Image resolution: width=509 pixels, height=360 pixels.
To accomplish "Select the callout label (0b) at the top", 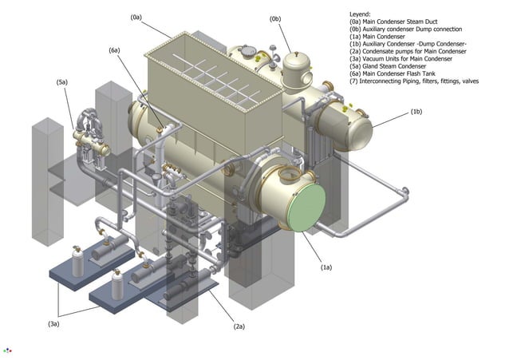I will (275, 17).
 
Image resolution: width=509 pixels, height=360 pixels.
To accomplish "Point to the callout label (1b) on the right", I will (416, 112).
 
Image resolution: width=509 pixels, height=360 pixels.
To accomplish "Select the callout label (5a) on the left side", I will (61, 82).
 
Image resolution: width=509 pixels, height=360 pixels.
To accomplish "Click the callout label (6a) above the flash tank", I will (114, 50).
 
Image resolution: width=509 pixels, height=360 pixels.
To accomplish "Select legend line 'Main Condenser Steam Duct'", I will (400, 23).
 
